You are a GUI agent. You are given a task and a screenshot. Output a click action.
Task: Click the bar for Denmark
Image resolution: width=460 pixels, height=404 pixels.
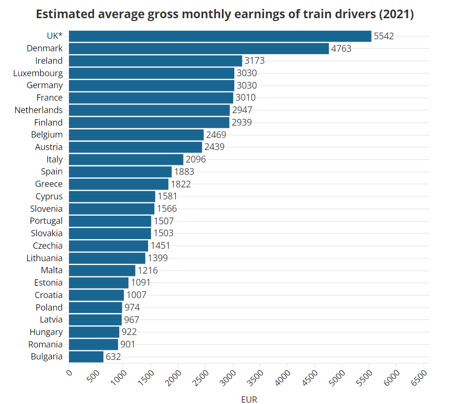(199, 48)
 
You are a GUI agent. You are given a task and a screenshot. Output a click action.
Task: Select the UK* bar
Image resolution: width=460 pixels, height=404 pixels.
(220, 36)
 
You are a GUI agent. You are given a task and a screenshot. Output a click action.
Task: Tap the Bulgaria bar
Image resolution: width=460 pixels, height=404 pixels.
(86, 357)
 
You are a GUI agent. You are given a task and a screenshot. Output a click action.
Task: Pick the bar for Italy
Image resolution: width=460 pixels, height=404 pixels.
(126, 160)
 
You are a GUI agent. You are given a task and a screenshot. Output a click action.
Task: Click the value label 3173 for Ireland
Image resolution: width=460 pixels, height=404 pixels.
(254, 61)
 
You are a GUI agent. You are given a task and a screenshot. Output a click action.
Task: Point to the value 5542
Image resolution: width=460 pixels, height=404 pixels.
(384, 36)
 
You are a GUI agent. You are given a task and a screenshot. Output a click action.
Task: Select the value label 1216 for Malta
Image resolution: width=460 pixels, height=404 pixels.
(148, 270)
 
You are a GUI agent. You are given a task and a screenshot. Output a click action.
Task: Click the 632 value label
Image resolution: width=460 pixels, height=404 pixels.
(113, 357)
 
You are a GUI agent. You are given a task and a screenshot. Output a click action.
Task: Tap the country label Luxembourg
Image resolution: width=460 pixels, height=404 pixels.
(38, 73)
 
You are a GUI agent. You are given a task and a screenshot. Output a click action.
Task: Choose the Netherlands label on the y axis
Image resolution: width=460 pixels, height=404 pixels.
(38, 110)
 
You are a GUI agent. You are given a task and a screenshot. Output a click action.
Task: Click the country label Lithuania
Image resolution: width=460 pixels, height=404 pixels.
(45, 258)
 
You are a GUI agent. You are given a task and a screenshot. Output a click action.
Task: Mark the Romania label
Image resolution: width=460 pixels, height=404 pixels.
(45, 344)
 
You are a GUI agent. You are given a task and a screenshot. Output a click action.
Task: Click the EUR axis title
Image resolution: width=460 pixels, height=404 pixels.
(249, 399)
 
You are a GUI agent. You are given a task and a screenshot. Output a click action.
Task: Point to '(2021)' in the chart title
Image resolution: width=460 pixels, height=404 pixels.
(396, 14)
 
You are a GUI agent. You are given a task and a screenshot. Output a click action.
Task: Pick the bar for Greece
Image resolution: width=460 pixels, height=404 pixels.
(119, 184)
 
